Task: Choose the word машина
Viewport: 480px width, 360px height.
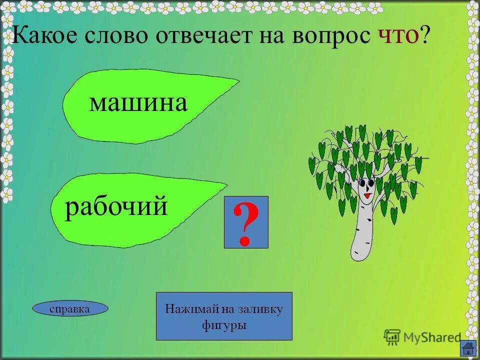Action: (138, 103)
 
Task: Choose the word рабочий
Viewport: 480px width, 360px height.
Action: (116, 206)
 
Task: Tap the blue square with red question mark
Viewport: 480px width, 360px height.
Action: (246, 222)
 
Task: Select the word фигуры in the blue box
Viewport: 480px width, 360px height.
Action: (224, 325)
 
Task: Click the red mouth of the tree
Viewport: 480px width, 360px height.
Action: (367, 196)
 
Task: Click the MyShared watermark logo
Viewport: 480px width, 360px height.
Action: (422, 337)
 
